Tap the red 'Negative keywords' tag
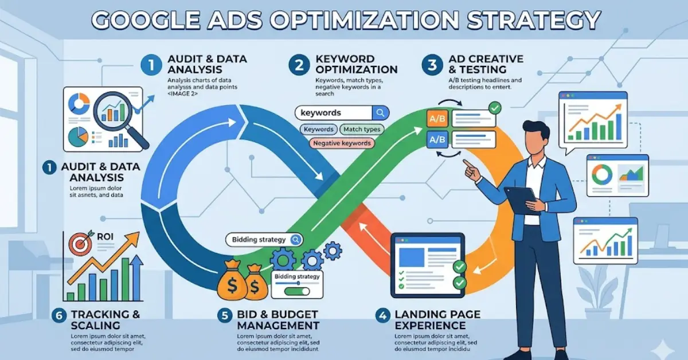click(342, 143)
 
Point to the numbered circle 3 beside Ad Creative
click(432, 65)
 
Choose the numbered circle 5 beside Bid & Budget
click(225, 315)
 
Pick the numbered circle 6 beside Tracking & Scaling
click(58, 315)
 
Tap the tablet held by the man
click(522, 197)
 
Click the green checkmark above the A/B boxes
click(494, 107)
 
